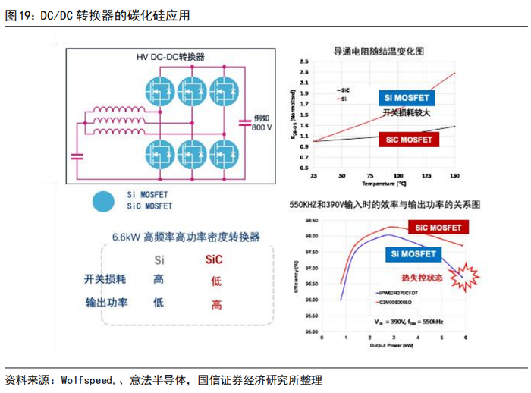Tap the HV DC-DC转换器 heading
pos(165,57)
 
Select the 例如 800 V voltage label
pos(262,122)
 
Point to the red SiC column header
pos(215,260)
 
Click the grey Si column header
pos(159,260)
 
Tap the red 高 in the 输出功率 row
pos(216,304)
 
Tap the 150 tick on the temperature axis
pos(454,176)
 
